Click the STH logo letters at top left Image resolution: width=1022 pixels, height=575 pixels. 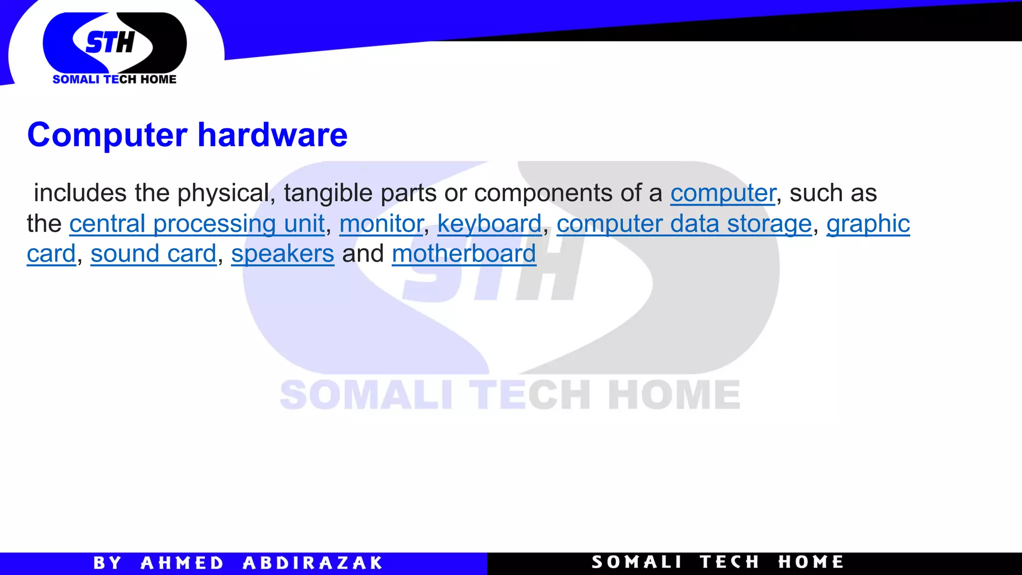(110, 42)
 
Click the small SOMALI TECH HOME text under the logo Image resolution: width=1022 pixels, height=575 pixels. (114, 79)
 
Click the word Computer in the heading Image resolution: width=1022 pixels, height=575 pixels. (107, 135)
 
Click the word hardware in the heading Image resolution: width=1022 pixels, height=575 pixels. (272, 135)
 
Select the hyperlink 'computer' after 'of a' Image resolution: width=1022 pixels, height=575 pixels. (723, 193)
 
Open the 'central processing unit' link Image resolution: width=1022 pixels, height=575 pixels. (197, 224)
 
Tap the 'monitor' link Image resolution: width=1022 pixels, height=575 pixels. (381, 224)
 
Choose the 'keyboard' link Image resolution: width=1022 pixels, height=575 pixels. (489, 224)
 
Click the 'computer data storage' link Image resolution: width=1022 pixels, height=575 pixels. (684, 224)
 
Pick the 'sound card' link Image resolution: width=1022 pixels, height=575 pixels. (153, 254)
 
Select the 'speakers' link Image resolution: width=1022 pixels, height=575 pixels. (282, 254)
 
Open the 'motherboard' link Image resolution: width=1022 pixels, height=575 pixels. (464, 254)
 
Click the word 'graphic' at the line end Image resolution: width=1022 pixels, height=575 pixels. (868, 224)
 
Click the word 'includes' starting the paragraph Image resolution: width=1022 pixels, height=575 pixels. (80, 193)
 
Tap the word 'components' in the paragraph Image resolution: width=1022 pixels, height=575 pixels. (543, 193)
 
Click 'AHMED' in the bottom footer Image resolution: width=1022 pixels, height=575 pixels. (182, 563)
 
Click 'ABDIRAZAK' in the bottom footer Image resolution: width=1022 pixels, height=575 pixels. (312, 563)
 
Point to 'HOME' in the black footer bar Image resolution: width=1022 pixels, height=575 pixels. (811, 562)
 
